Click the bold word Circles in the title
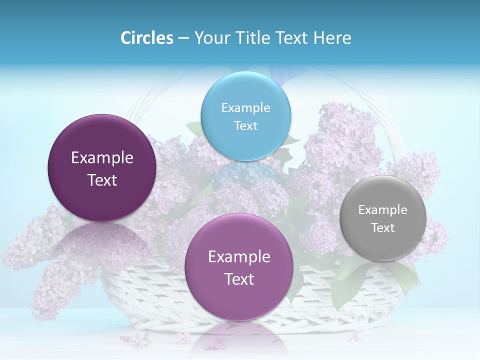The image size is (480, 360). click(x=147, y=38)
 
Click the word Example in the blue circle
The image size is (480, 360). click(x=245, y=107)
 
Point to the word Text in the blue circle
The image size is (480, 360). click(x=245, y=125)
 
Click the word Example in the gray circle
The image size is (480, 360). click(x=383, y=209)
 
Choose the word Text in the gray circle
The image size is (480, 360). click(x=383, y=227)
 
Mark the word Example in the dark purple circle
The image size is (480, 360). click(x=102, y=157)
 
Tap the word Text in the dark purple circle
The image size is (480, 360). click(x=102, y=180)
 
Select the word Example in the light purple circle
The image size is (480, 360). click(x=239, y=256)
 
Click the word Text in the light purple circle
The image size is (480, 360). click(x=239, y=279)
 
